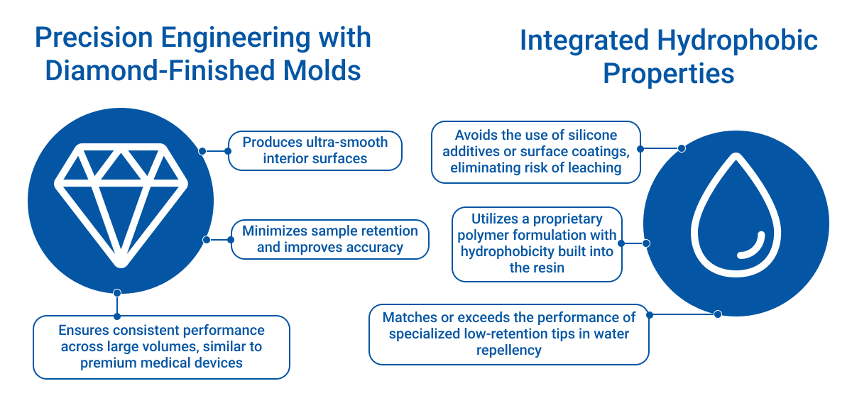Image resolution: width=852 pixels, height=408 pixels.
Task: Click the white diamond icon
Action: tap(121, 202)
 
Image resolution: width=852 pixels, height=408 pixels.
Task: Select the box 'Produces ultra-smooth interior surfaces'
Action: tap(315, 150)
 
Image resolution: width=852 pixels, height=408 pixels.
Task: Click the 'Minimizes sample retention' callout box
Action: tap(330, 239)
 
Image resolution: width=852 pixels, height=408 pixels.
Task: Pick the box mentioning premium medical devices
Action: tap(162, 347)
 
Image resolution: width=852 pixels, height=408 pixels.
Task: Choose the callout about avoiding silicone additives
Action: tap(536, 152)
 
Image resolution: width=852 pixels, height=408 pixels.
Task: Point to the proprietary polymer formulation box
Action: tap(537, 244)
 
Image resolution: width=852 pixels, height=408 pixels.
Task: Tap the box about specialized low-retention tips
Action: tap(509, 334)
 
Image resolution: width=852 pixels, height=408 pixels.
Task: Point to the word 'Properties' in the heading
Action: tap(668, 73)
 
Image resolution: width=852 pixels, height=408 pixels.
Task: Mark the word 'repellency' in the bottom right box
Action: tap(509, 350)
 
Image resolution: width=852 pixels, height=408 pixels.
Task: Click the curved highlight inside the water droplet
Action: tap(752, 246)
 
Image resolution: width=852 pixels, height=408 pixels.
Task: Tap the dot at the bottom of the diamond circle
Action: tap(117, 292)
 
